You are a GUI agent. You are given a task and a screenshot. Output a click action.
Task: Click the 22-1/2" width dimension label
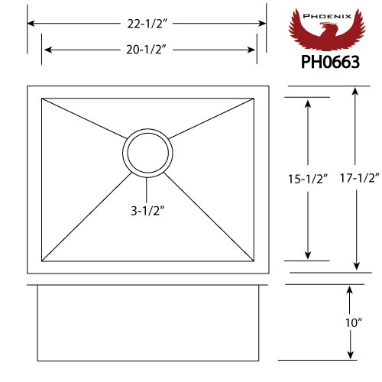147,24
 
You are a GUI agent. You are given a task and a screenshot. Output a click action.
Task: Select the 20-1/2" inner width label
146,50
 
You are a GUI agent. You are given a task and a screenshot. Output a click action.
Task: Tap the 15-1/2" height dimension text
307,179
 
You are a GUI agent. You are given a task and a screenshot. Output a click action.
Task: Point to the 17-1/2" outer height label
360,178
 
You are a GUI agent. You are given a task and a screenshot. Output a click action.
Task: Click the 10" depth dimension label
354,323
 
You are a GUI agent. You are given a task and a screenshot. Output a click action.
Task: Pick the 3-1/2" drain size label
147,211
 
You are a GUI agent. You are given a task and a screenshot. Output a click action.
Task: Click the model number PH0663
330,62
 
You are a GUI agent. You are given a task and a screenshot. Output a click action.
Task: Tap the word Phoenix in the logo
327,16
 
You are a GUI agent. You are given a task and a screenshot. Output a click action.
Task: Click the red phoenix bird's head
327,25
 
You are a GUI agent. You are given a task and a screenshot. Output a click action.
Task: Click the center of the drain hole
147,153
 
